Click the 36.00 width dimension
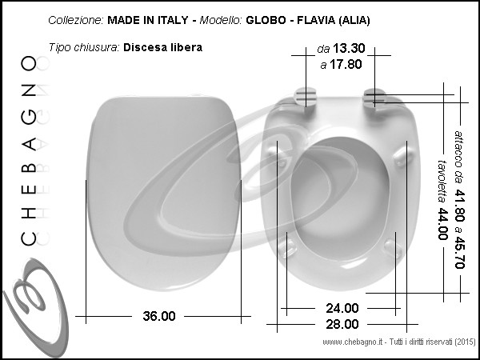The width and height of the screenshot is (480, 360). tap(159, 316)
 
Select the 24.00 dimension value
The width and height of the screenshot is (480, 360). tap(342, 308)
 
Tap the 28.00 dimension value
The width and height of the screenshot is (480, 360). tap(342, 324)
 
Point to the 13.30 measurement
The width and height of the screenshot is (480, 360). tap(349, 48)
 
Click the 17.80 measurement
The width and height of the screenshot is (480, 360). tap(346, 64)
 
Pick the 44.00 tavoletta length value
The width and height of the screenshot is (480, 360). tap(442, 224)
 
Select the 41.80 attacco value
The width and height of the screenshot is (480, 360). tap(459, 206)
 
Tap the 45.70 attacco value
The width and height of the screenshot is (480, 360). tap(459, 252)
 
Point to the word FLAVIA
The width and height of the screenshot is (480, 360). tap(316, 20)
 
